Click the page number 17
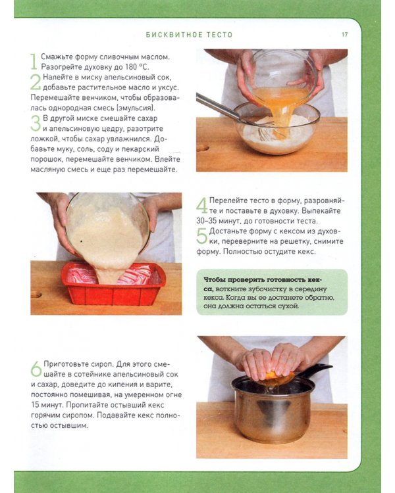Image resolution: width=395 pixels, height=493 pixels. coord(344,35)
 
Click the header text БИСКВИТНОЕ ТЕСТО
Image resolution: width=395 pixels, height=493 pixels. coord(189,35)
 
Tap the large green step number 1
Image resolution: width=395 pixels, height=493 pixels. coord(34,61)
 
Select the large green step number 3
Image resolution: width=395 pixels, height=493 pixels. coord(36,123)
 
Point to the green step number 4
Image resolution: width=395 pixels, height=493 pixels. coord(201,205)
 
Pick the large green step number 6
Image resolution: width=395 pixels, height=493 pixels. coord(36,369)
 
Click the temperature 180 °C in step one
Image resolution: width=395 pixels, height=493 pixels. coord(134,67)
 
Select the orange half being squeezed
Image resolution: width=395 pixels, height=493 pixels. coord(278,376)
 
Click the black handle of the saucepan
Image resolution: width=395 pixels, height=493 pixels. coord(315,370)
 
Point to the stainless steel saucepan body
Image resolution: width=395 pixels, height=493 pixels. coord(273,409)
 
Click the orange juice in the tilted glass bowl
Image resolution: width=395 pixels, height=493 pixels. coord(280,97)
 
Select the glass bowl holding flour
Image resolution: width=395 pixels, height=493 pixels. coord(276,128)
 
